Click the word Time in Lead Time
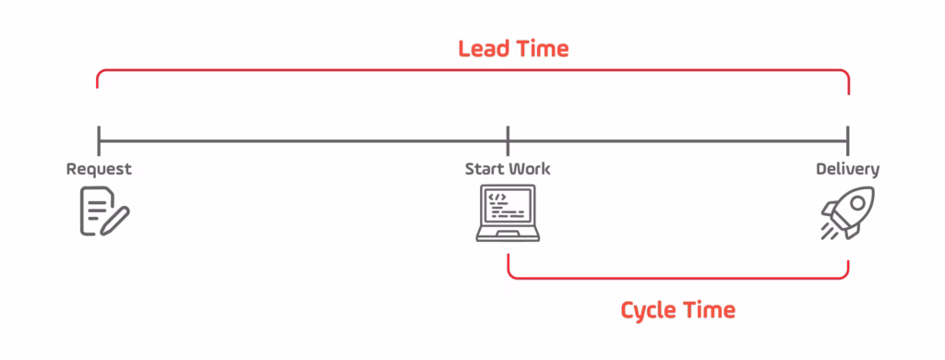pos(543,48)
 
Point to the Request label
pos(99,169)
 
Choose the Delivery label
pos(847,169)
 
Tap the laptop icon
pos(508,213)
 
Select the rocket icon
pos(847,212)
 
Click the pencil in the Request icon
pos(116,220)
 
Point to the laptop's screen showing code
pos(508,207)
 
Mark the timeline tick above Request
pos(99,141)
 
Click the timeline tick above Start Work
pos(508,141)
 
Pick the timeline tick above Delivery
pos(847,141)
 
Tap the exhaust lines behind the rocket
pos(829,231)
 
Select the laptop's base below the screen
pos(508,235)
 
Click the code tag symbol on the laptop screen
pos(497,197)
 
